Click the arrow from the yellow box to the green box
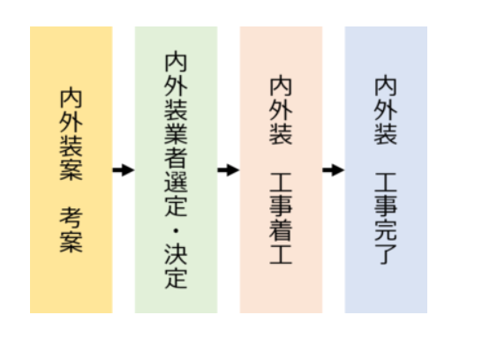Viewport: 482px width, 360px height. [124, 170]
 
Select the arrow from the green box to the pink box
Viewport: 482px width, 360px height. [229, 170]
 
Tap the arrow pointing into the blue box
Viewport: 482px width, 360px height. [334, 170]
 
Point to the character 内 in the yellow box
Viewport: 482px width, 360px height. [71, 98]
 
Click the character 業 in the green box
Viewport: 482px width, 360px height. [176, 134]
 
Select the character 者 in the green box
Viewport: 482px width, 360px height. [176, 159]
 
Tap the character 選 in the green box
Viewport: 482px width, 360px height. [176, 183]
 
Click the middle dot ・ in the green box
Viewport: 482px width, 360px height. [176, 230]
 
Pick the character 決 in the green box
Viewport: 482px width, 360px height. [176, 255]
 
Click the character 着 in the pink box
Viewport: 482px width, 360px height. [281, 230]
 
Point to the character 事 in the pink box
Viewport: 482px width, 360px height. [281, 206]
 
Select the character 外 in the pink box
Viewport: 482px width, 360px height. [281, 110]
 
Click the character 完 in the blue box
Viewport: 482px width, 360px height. [386, 230]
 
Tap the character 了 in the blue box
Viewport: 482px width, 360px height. [386, 254]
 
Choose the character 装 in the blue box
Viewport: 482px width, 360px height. [386, 134]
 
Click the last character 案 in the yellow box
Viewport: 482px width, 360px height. [71, 243]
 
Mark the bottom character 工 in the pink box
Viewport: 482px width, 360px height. [281, 254]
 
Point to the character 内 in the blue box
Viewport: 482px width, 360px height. [386, 86]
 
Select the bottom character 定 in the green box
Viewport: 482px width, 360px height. [176, 279]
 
